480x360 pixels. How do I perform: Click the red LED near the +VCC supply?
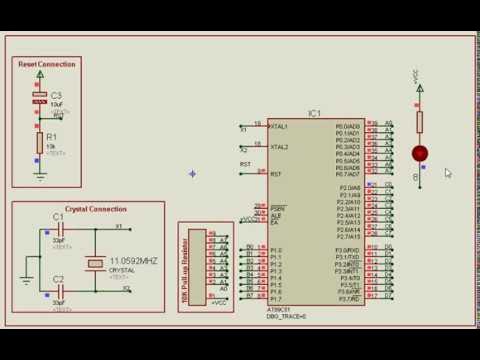[419, 153]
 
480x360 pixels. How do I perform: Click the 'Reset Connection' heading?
[46, 64]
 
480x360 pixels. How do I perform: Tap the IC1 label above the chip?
[314, 114]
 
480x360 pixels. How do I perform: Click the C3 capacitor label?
[56, 95]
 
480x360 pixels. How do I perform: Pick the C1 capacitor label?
[58, 216]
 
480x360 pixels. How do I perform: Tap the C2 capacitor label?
[58, 279]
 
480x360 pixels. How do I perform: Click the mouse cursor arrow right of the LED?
[448, 172]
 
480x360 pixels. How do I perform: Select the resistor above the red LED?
[419, 121]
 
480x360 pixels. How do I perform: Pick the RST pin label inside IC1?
[275, 174]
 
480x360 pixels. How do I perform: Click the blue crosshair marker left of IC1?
[192, 174]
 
